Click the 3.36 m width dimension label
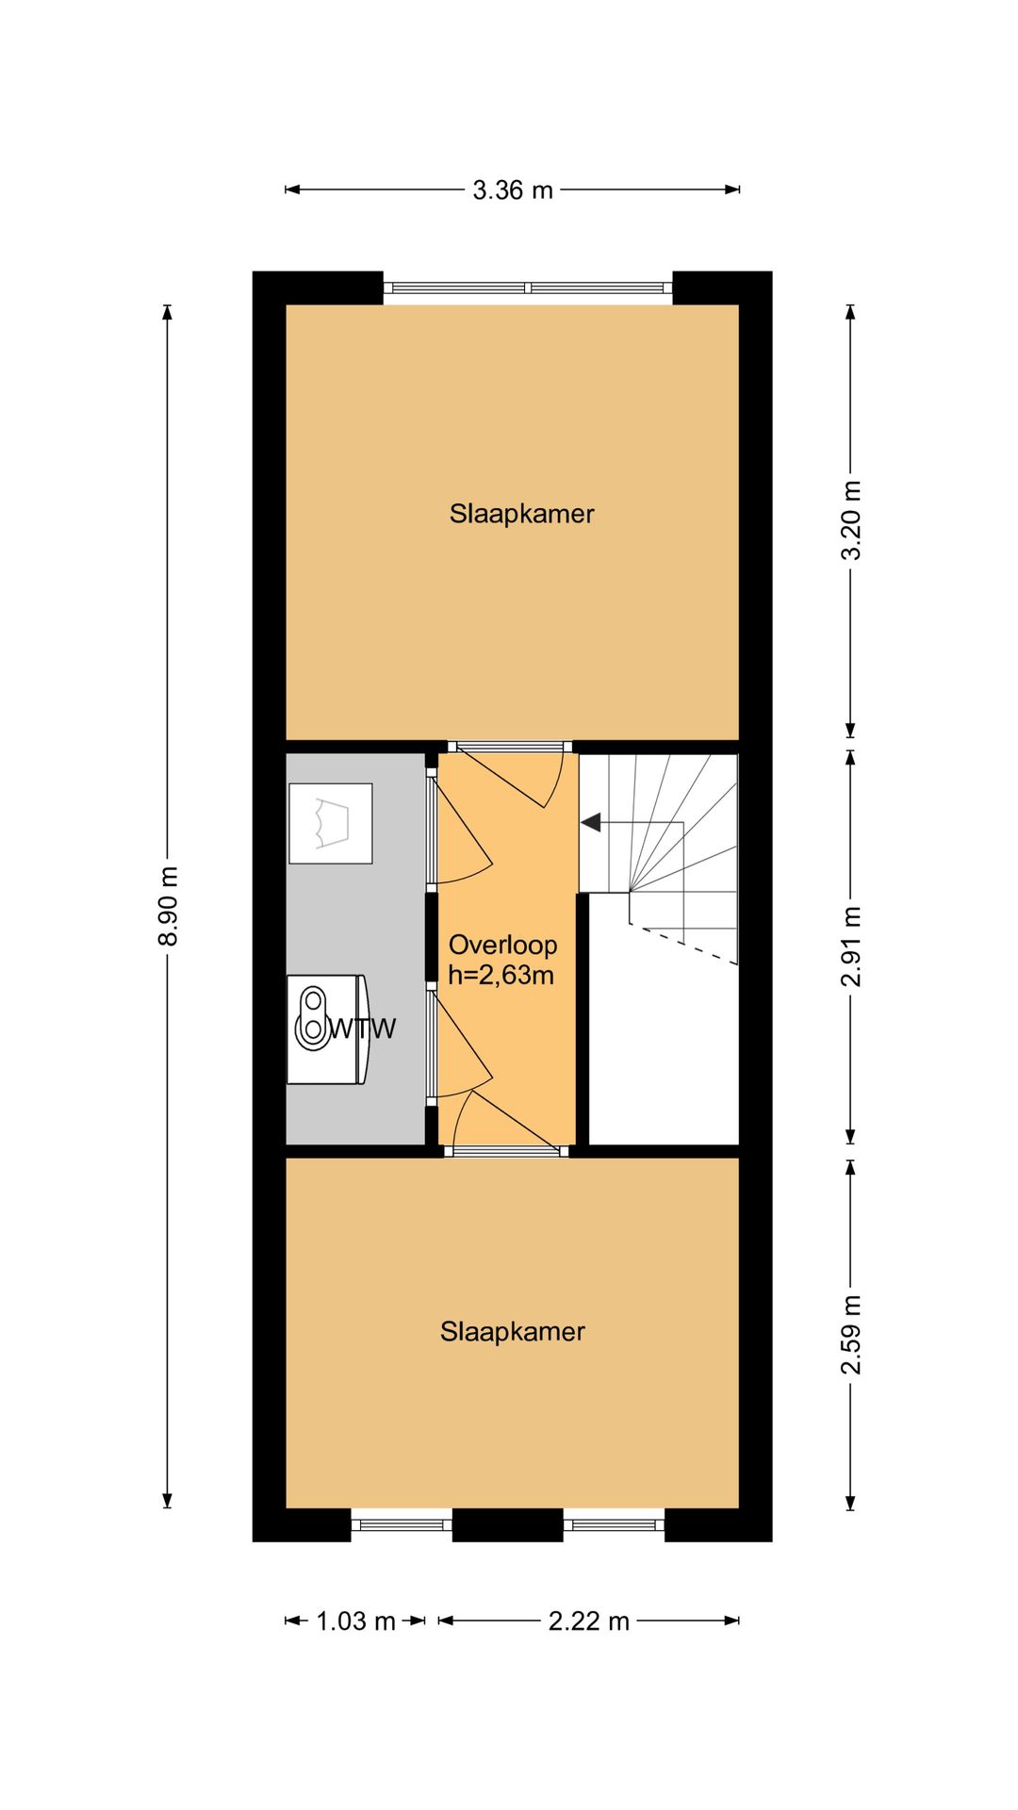coord(512,189)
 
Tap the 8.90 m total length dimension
coord(168,906)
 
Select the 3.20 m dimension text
coord(851,520)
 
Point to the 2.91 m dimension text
coord(851,946)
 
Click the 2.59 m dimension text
coord(851,1335)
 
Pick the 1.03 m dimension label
coord(355,1621)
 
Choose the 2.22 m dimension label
coord(589,1621)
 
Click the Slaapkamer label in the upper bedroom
coord(521,514)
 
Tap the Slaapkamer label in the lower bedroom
coord(513,1331)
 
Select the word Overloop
coord(502,945)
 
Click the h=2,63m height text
coord(501,975)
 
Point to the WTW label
coord(362,1028)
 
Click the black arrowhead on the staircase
coord(591,823)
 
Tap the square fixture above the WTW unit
coord(331,823)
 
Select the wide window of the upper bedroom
coord(528,288)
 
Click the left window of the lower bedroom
coord(402,1524)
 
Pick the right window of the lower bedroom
coord(614,1524)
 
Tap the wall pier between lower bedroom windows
coord(508,1525)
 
